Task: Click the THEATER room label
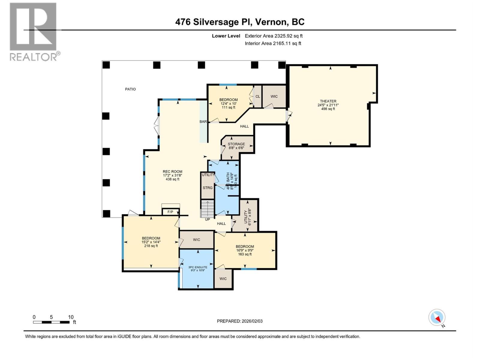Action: click(328, 101)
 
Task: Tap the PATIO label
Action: click(130, 89)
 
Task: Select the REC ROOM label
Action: click(172, 172)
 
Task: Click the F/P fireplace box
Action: click(170, 212)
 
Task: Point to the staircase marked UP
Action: click(208, 209)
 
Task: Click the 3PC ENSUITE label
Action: click(198, 267)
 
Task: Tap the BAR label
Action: click(203, 121)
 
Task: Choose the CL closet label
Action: click(258, 97)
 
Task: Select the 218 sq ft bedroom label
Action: click(151, 242)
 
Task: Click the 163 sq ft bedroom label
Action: click(245, 250)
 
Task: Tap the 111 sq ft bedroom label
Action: click(228, 103)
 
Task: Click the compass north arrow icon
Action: click(437, 317)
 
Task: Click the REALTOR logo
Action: click(34, 31)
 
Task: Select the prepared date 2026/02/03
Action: click(240, 321)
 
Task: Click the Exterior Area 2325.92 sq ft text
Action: click(274, 36)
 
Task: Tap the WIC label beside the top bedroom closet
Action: click(274, 97)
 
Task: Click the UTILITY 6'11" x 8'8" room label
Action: click(247, 217)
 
